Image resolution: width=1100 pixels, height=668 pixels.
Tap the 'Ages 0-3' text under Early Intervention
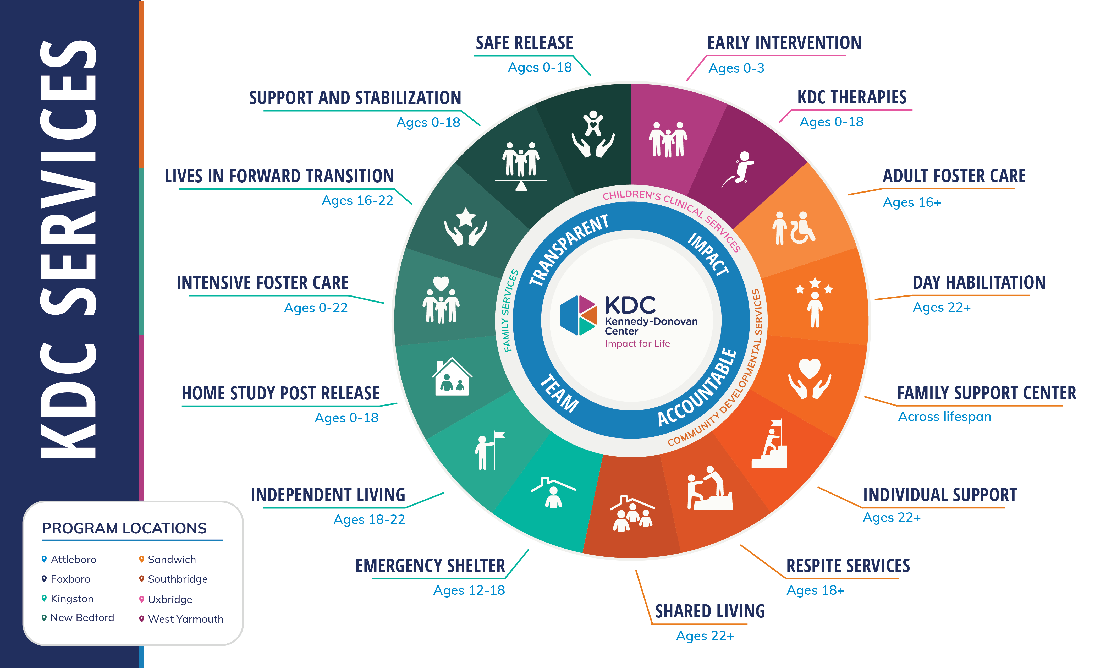click(x=736, y=68)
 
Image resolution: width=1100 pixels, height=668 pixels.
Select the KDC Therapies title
click(x=852, y=97)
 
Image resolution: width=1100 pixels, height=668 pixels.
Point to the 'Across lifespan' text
click(x=945, y=417)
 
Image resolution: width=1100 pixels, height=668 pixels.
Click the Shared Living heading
click(x=710, y=611)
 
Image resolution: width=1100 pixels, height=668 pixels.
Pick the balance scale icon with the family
click(x=521, y=166)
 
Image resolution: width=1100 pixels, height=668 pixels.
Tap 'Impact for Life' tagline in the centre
click(x=637, y=344)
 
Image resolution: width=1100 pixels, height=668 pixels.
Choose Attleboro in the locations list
click(x=74, y=560)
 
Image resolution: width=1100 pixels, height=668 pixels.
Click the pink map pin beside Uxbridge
click(x=141, y=599)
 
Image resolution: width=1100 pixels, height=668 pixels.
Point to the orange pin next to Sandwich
click(x=141, y=559)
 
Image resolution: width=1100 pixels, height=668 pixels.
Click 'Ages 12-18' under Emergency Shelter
click(x=469, y=590)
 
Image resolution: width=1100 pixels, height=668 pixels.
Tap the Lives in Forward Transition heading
click(x=279, y=176)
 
